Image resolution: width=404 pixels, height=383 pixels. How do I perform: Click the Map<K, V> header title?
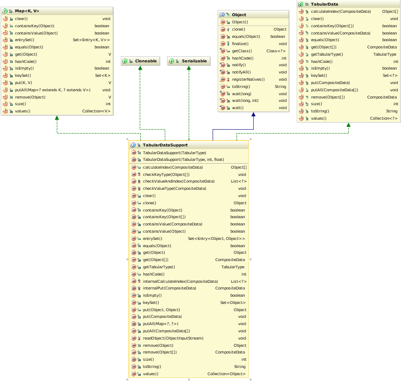(x=27, y=11)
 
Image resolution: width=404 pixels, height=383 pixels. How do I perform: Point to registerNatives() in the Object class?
(x=247, y=80)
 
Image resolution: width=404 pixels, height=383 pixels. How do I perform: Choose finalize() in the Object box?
(x=240, y=43)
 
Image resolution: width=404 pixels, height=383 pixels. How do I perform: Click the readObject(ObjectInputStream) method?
(x=173, y=338)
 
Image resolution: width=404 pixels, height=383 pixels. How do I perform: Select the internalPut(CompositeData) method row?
(x=169, y=288)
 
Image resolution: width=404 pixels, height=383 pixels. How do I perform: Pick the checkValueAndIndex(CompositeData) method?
(x=179, y=181)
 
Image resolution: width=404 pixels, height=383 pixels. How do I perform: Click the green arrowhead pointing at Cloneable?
(x=141, y=68)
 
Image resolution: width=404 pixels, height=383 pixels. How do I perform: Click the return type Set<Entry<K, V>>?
(x=91, y=40)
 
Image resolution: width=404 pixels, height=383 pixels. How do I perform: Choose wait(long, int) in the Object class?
(x=245, y=101)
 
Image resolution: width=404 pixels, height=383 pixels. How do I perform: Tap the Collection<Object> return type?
(x=226, y=374)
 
